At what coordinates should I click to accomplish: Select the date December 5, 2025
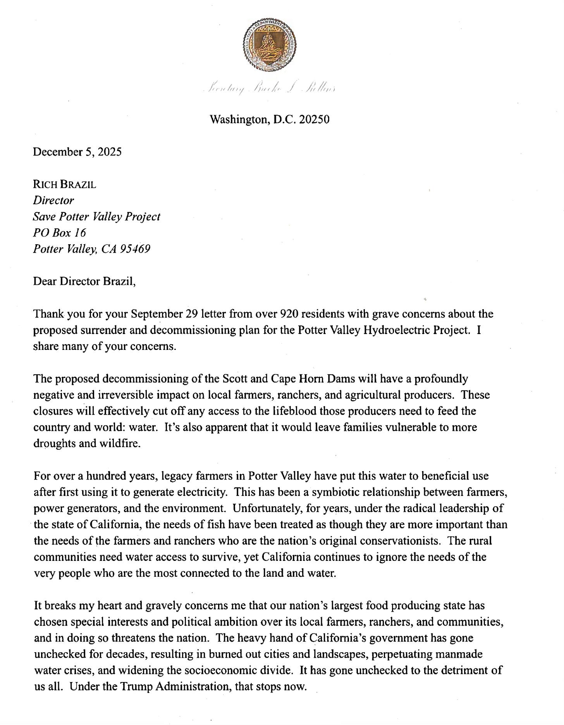(x=77, y=152)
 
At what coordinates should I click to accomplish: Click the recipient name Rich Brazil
(x=65, y=184)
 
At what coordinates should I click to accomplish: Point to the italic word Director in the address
(x=53, y=200)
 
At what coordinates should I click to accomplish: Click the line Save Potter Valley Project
(x=96, y=216)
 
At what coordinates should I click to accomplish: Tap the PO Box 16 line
(x=60, y=232)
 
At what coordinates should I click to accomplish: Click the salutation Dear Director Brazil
(x=84, y=281)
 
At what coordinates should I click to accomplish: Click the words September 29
(x=160, y=314)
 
